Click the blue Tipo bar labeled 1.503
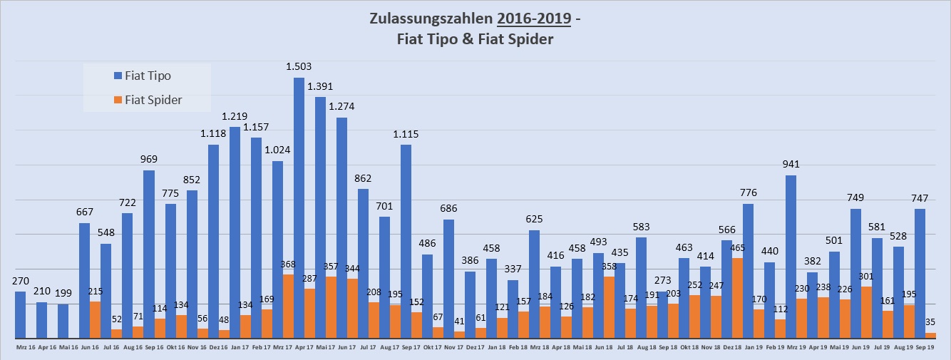pyautogui.click(x=299, y=207)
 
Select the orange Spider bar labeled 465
pyautogui.click(x=737, y=298)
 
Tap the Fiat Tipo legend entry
pyautogui.click(x=147, y=76)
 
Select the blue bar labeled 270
pyautogui.click(x=20, y=314)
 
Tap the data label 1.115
pyautogui.click(x=406, y=134)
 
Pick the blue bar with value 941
pyautogui.click(x=791, y=257)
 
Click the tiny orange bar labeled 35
pyautogui.click(x=930, y=335)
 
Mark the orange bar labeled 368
pyautogui.click(x=288, y=306)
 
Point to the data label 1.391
pyautogui.click(x=320, y=86)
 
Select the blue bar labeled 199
pyautogui.click(x=63, y=321)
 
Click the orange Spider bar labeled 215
pyautogui.click(x=95, y=319)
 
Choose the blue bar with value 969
pyautogui.click(x=148, y=254)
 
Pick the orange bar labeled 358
pyautogui.click(x=609, y=307)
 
